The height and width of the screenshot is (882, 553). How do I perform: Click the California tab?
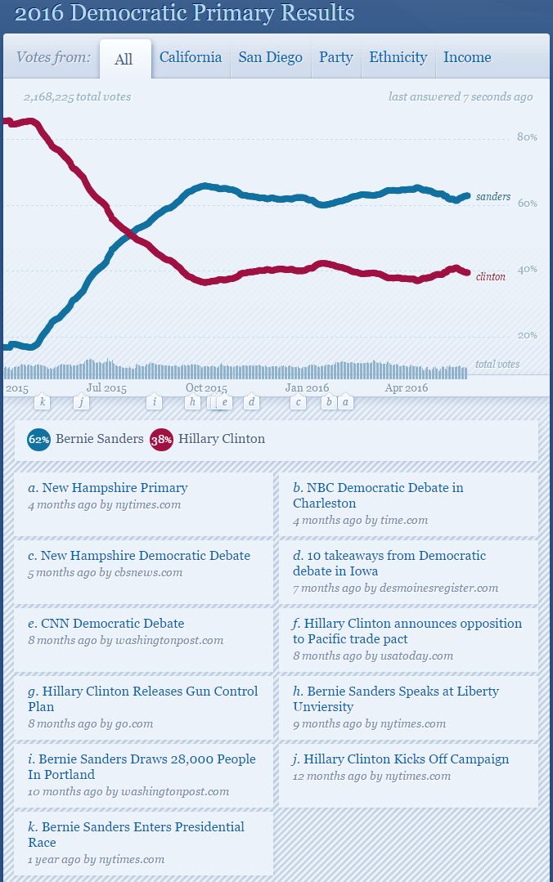click(x=191, y=57)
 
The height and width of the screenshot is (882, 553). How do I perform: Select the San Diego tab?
click(x=270, y=57)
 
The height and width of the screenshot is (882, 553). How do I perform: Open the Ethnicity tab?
click(x=398, y=57)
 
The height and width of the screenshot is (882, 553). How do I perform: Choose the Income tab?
click(x=467, y=57)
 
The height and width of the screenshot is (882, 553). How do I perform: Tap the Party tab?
click(x=335, y=57)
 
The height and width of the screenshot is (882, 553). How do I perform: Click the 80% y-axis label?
click(x=528, y=137)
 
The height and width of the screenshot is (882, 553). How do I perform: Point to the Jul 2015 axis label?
click(x=106, y=388)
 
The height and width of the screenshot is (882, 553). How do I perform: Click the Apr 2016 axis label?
click(x=407, y=388)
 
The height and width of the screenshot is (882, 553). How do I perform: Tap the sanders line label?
click(x=493, y=197)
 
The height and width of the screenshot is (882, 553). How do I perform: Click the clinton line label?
click(x=491, y=276)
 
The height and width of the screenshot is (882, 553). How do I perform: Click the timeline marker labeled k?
click(x=43, y=402)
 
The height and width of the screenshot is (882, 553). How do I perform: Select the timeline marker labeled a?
click(x=346, y=402)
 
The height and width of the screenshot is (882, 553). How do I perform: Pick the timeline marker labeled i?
click(x=155, y=402)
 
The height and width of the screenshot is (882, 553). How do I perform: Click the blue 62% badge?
click(x=38, y=439)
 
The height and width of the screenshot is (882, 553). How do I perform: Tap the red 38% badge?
click(x=160, y=439)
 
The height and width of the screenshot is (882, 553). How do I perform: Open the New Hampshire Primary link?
click(x=115, y=488)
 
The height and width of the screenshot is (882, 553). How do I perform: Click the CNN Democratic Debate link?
click(x=113, y=624)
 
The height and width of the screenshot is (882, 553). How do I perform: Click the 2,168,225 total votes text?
click(x=77, y=96)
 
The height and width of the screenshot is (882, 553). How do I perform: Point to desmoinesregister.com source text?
click(x=438, y=588)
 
